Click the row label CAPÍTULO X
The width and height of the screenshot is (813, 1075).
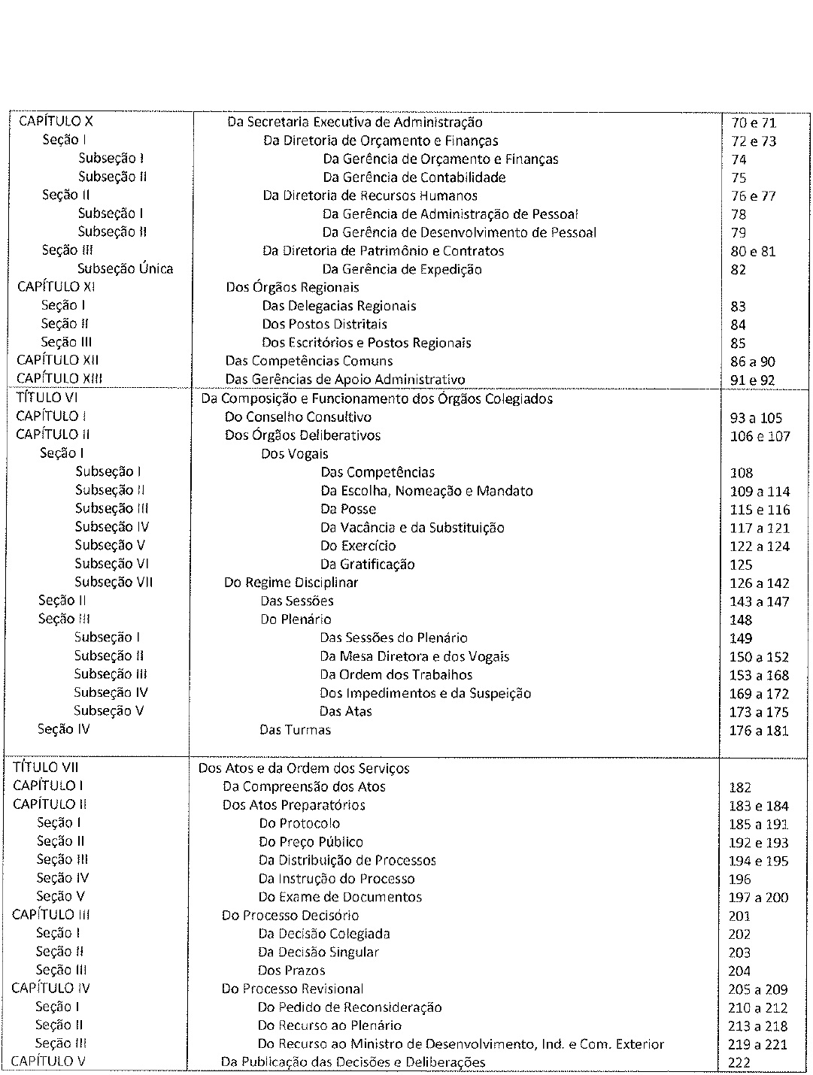pyautogui.click(x=56, y=121)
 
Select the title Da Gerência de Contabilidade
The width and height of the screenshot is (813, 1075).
pyautogui.click(x=414, y=177)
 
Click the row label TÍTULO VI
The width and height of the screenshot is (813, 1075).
pyautogui.click(x=47, y=398)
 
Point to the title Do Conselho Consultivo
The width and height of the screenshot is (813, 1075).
pyautogui.click(x=298, y=416)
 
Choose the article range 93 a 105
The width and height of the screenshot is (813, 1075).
pyautogui.click(x=756, y=418)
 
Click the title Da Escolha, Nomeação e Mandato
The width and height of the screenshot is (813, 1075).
pyautogui.click(x=426, y=491)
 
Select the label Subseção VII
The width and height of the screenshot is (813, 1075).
pyautogui.click(x=114, y=582)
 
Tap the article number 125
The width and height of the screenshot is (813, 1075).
pyautogui.click(x=741, y=565)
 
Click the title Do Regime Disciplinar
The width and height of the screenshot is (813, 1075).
pyautogui.click(x=291, y=583)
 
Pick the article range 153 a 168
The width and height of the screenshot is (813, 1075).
pyautogui.click(x=759, y=675)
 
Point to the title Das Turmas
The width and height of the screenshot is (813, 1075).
pyautogui.click(x=295, y=729)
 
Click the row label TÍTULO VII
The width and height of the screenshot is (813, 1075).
pyautogui.click(x=46, y=768)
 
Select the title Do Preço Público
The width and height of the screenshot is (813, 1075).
pyautogui.click(x=311, y=842)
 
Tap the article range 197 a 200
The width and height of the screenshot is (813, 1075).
pyautogui.click(x=758, y=898)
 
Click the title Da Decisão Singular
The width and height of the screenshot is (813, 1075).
pyautogui.click(x=318, y=952)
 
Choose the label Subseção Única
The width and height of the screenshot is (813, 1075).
pyautogui.click(x=125, y=268)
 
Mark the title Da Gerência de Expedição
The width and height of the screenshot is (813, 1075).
pyautogui.click(x=402, y=269)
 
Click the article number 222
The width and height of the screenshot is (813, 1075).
pyautogui.click(x=739, y=1063)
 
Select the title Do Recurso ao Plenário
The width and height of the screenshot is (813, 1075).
pyautogui.click(x=329, y=1025)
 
